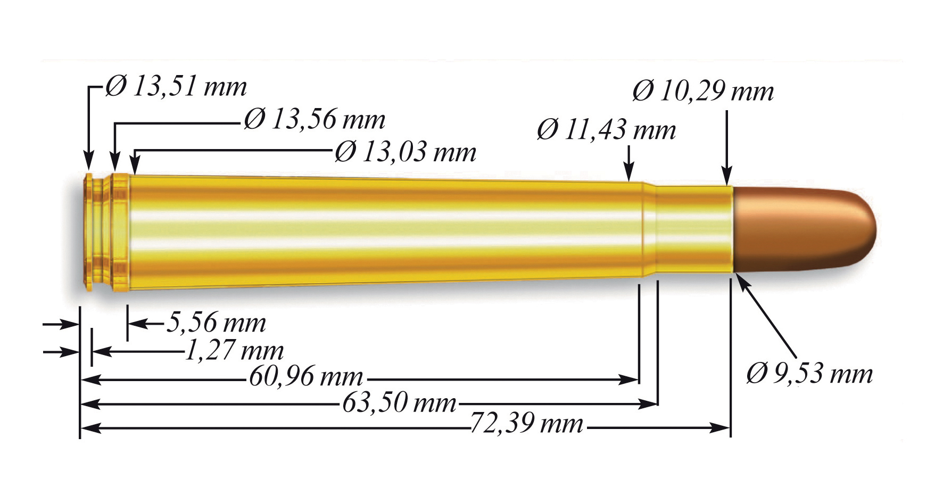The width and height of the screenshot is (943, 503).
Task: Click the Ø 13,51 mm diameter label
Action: (x=176, y=86)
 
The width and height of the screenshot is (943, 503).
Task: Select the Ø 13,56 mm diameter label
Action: (x=315, y=119)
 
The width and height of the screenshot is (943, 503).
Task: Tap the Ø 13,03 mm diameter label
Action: (x=405, y=152)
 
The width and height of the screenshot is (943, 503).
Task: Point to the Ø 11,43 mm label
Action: (x=606, y=130)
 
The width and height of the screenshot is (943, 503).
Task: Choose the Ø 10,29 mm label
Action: (x=703, y=91)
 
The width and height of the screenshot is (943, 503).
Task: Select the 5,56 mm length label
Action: (x=216, y=323)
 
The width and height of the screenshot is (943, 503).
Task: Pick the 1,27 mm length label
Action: (x=234, y=350)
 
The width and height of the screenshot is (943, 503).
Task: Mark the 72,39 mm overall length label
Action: (x=527, y=424)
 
